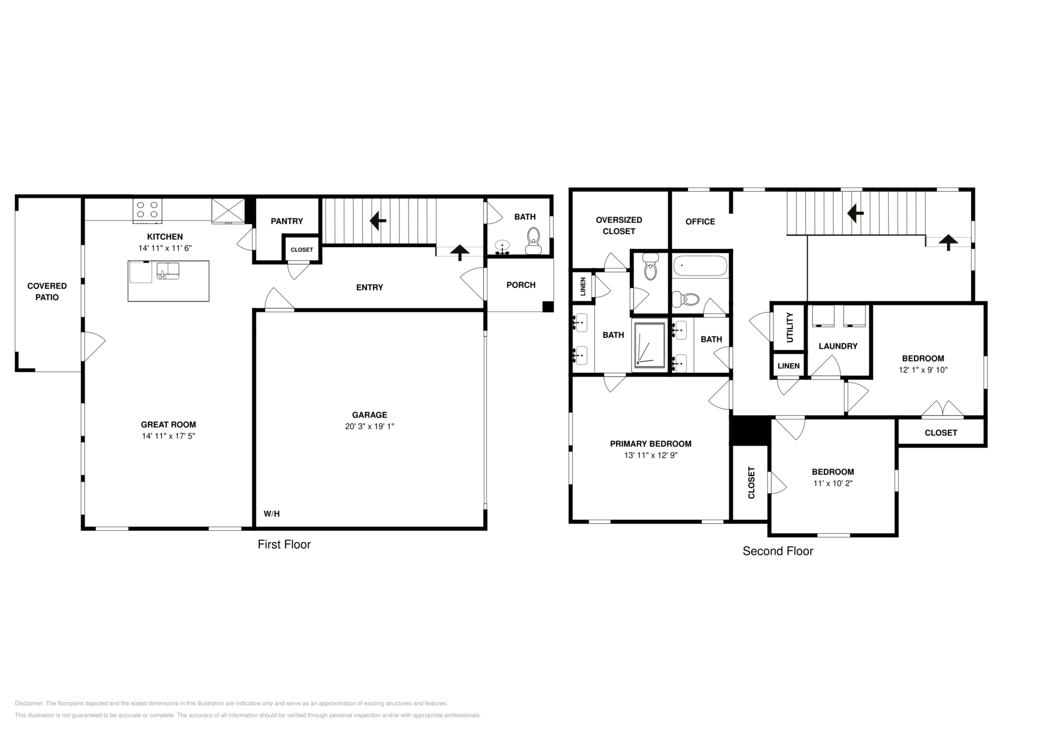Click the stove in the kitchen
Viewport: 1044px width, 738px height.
(147, 211)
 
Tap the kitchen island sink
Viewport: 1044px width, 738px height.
(168, 270)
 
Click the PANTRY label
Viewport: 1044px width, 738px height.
(287, 221)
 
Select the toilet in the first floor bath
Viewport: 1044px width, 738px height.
(533, 241)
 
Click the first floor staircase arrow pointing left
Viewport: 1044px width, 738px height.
(378, 221)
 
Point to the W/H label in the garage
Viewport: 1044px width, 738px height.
(272, 514)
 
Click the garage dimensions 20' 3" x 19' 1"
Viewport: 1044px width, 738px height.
(370, 427)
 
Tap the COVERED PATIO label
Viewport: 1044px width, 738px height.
(47, 291)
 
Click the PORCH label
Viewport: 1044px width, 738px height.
(521, 285)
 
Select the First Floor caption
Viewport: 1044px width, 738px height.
(284, 545)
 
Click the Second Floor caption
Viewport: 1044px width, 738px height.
(778, 551)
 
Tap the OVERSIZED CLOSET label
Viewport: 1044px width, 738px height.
(619, 226)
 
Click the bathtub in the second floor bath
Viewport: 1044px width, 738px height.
(700, 266)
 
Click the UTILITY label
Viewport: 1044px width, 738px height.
(790, 327)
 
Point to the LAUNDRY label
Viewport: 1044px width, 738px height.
(838, 346)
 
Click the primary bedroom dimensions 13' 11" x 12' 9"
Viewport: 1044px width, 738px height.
(651, 455)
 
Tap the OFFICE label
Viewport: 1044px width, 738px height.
(700, 222)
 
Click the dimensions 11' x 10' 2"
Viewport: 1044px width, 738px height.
(833, 484)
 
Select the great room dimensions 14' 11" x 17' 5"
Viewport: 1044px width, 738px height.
(169, 436)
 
